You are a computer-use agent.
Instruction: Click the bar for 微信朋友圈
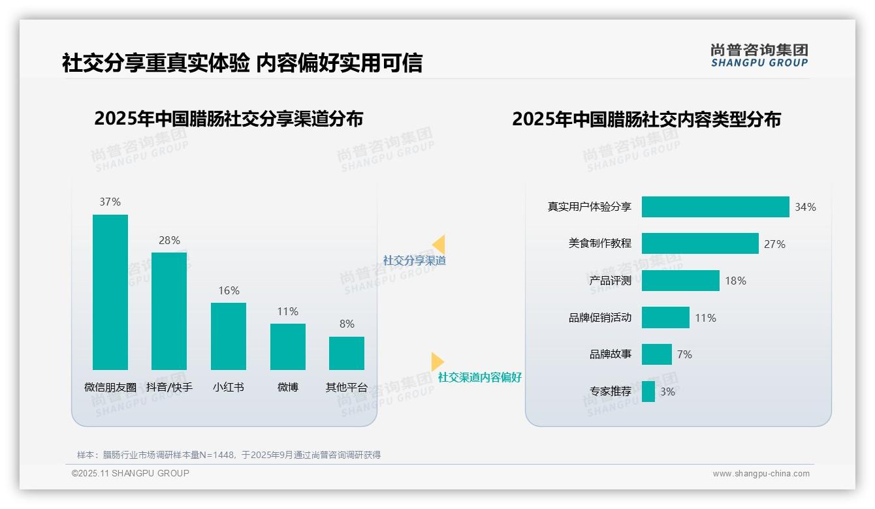coord(110,292)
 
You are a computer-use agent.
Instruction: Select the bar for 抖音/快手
coord(169,311)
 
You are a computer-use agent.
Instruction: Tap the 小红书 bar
coord(229,336)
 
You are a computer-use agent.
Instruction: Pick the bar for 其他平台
coord(347,353)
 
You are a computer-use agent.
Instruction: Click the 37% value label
coord(110,202)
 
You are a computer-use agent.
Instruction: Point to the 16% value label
coord(229,291)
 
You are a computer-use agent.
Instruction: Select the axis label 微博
coord(288,387)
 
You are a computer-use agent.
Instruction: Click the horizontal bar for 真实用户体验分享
coord(715,207)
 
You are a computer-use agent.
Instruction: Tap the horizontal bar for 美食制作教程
coord(700,243)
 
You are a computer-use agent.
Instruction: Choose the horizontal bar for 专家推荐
coord(648,392)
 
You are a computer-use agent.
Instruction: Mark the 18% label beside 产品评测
coord(735,281)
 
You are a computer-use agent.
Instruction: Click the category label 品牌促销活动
coord(600,318)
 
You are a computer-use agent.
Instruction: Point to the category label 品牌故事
coord(611,354)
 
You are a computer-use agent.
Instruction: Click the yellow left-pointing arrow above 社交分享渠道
coord(439,245)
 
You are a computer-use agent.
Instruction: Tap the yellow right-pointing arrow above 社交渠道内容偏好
coord(437,362)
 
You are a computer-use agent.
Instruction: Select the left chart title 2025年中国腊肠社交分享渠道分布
coord(229,119)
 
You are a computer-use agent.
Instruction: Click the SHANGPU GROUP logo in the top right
coord(759,55)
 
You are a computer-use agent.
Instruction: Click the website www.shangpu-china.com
coord(761,474)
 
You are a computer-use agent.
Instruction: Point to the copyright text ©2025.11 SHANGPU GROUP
coord(131,473)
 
